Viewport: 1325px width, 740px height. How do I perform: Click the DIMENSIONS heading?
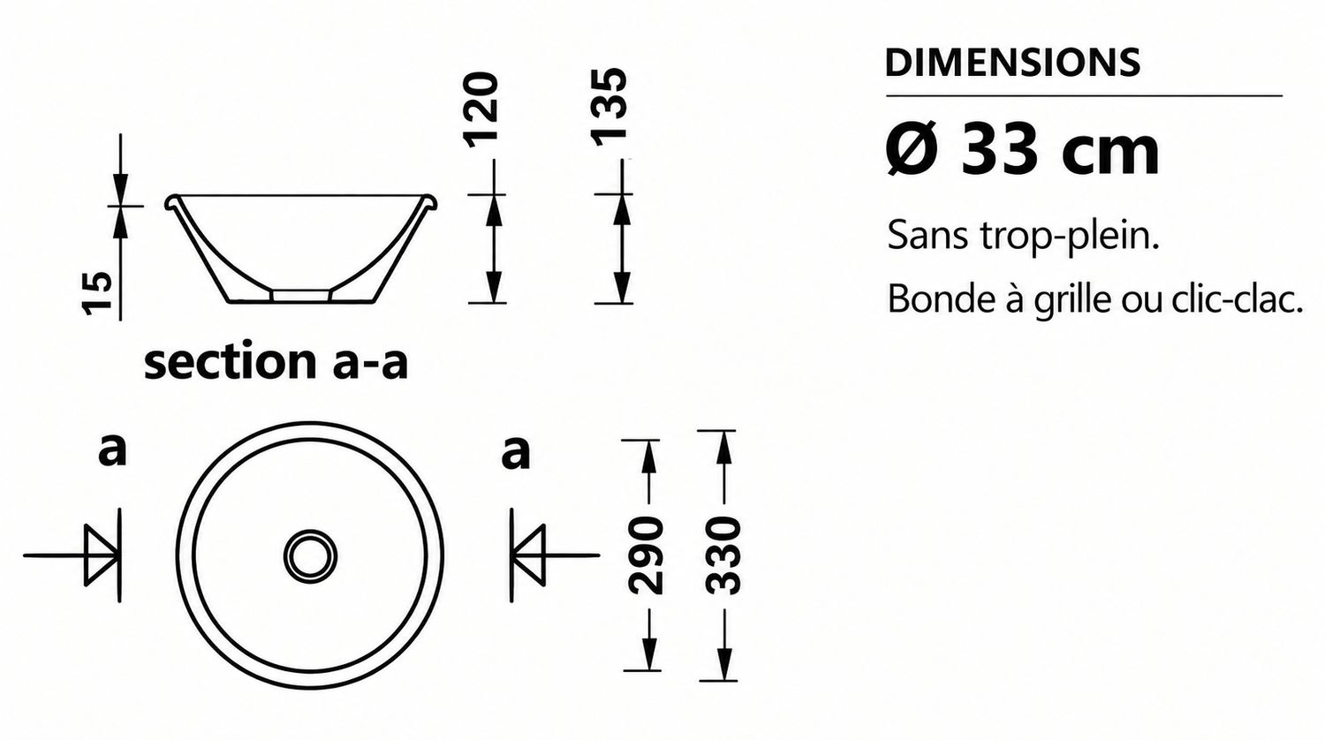pyautogui.click(x=1012, y=63)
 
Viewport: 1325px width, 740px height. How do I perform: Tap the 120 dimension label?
pyautogui.click(x=480, y=109)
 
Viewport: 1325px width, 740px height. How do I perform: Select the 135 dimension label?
pyautogui.click(x=609, y=107)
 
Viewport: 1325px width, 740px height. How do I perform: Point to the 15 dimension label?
pyautogui.click(x=97, y=293)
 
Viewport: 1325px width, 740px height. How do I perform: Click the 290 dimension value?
pyautogui.click(x=645, y=555)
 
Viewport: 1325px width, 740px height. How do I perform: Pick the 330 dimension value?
pyautogui.click(x=723, y=555)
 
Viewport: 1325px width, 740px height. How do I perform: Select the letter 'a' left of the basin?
pyautogui.click(x=112, y=451)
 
